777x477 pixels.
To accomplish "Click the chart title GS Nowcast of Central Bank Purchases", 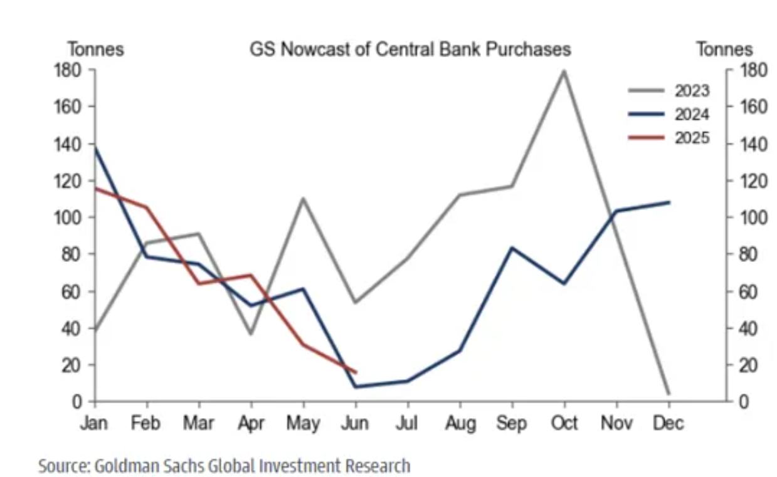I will click(410, 50).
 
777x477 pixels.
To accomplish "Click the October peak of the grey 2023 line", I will click(564, 71).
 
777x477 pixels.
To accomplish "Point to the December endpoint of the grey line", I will click(668, 394).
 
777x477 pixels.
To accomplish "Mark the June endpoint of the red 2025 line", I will click(356, 372).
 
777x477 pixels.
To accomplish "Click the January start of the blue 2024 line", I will click(95, 148).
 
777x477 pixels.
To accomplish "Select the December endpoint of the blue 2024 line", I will click(669, 202).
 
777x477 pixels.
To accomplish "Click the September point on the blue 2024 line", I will click(512, 248).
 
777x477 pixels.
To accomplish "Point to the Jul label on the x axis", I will click(407, 424).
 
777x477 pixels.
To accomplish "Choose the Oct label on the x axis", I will click(564, 424).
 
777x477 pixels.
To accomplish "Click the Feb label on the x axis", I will click(146, 424).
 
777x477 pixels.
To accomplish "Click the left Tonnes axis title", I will click(96, 50).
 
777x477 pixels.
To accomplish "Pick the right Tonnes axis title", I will click(724, 50).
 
